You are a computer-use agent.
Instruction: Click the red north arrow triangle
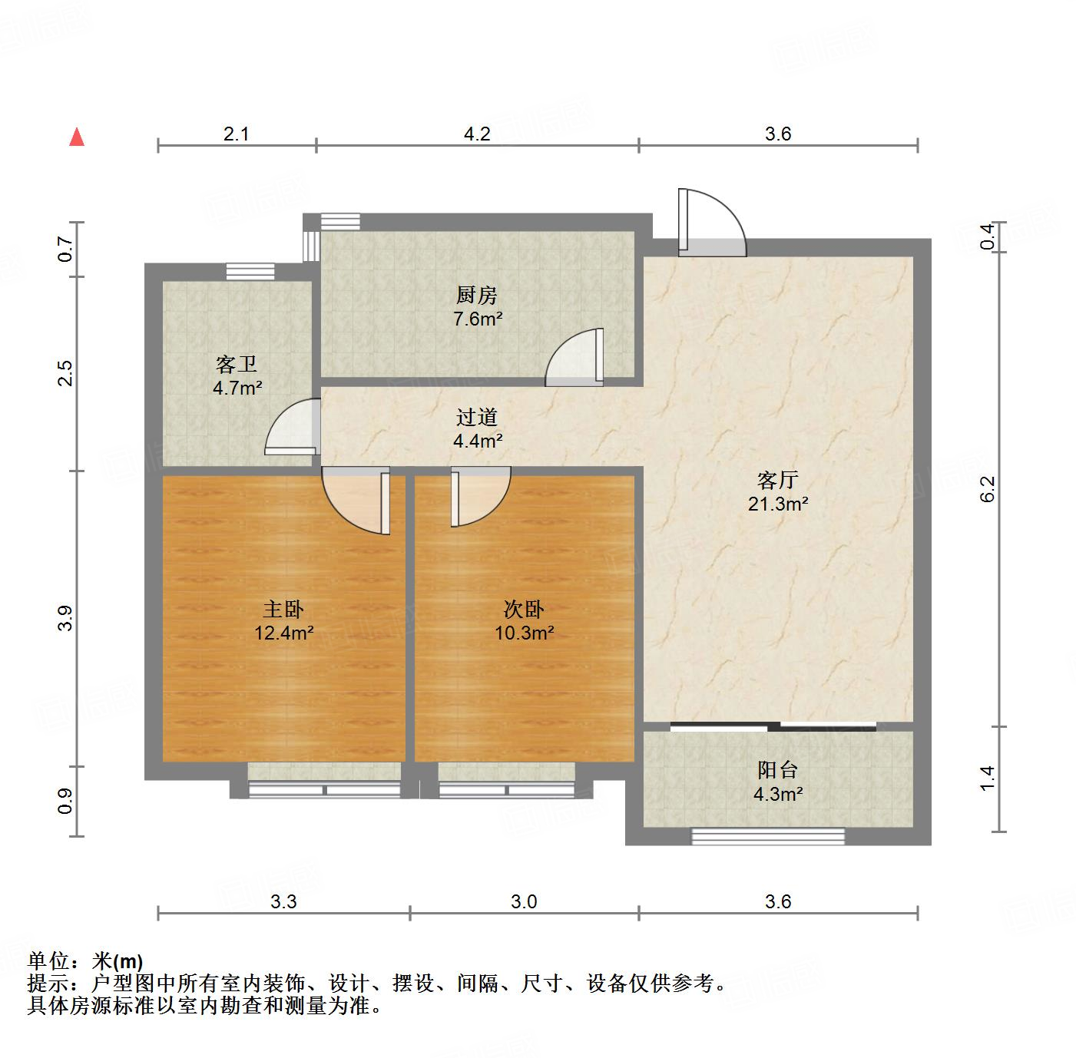click(x=77, y=137)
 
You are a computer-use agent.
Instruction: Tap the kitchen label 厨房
click(x=476, y=295)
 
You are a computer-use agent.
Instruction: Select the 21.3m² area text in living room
click(x=777, y=504)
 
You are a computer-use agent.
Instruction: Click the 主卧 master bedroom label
click(x=283, y=610)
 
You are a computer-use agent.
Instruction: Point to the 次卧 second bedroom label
click(x=524, y=610)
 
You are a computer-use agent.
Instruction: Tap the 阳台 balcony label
click(x=777, y=770)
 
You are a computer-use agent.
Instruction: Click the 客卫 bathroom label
click(x=237, y=364)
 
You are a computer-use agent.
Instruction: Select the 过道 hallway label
click(x=476, y=418)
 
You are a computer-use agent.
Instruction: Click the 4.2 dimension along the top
click(x=476, y=134)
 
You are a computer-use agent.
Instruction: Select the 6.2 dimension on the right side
click(x=988, y=489)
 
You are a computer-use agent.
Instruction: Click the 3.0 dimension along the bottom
click(x=524, y=901)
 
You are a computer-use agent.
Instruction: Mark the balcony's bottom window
click(x=768, y=836)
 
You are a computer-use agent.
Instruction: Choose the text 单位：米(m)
click(x=85, y=960)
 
